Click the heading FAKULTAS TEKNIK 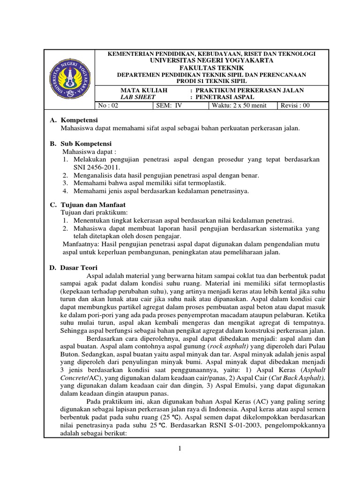(x=211, y=67)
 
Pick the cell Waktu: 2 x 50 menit (x=238, y=105)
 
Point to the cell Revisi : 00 (x=295, y=105)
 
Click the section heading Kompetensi (x=79, y=120)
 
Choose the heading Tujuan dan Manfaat (x=93, y=205)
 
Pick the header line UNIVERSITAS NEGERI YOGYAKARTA (x=211, y=61)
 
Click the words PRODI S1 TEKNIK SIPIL (x=211, y=81)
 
